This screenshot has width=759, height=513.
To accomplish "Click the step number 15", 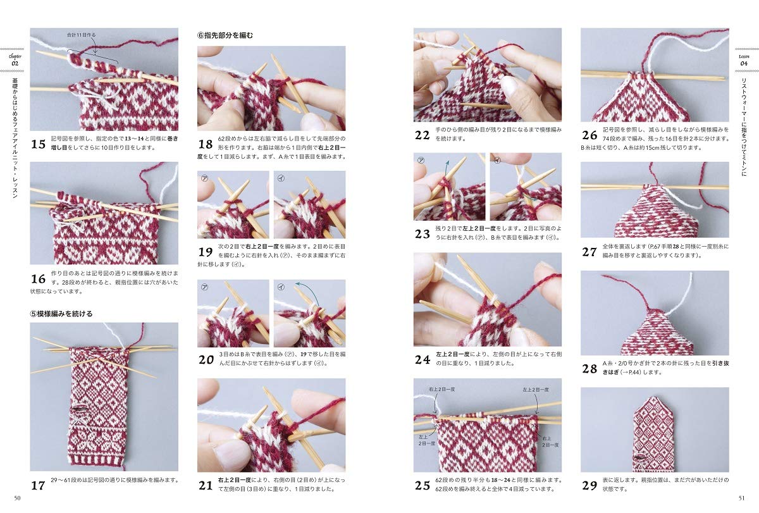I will (38, 145).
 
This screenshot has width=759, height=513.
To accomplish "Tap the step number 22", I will (422, 134).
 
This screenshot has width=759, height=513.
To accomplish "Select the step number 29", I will (589, 486).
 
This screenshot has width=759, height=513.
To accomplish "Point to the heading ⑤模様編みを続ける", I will (61, 313).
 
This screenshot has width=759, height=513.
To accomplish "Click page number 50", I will (17, 500).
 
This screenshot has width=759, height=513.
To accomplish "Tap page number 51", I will (741, 500).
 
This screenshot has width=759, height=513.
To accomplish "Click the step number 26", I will (589, 135).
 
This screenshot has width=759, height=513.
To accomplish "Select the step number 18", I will (206, 145).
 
